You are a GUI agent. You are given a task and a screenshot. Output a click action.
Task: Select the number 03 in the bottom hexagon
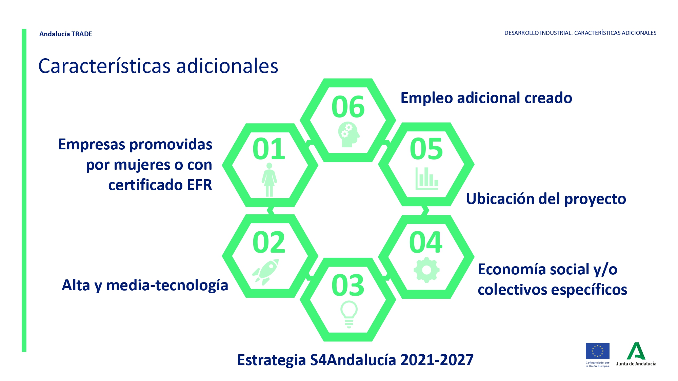348,285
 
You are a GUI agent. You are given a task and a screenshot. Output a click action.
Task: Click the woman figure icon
269,180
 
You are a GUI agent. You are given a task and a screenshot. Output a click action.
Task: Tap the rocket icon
266,272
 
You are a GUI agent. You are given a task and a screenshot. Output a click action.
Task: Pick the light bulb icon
349,314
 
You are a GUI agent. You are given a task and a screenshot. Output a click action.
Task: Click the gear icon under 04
426,270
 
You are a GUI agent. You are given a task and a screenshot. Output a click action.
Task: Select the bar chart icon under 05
427,178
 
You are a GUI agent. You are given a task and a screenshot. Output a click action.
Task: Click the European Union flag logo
597,351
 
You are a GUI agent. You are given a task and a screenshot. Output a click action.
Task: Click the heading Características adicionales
158,66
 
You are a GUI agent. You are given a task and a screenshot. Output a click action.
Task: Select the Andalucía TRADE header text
66,34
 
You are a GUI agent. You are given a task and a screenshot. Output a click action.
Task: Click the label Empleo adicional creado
486,98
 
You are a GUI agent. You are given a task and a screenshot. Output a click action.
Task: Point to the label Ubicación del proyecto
546,199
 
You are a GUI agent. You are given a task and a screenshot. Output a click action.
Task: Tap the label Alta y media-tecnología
145,285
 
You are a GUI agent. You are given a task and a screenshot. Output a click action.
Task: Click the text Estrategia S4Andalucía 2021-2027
355,360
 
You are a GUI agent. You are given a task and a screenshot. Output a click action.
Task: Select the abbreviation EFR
199,185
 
